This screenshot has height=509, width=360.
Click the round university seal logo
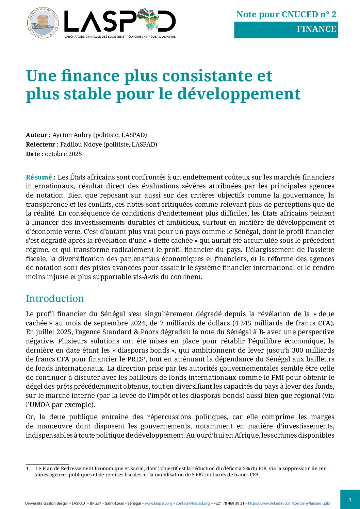(43, 23)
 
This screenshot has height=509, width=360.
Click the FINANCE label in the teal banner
(316, 29)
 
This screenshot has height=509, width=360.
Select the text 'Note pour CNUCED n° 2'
(286, 14)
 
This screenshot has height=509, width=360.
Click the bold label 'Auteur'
(36, 135)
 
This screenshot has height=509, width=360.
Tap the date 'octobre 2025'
(63, 154)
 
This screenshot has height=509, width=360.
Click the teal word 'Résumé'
(38, 177)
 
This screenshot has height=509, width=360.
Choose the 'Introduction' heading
(55, 299)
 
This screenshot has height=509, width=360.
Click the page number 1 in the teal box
(350, 499)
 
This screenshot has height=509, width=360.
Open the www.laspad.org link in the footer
(159, 503)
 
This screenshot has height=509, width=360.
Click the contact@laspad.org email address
(193, 503)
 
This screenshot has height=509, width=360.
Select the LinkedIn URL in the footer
(289, 503)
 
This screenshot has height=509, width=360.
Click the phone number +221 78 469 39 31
(229, 503)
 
